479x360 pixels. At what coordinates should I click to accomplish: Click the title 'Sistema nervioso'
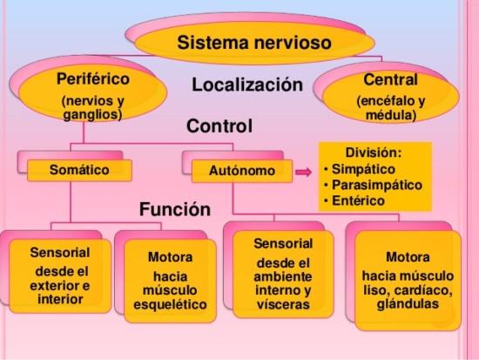254,42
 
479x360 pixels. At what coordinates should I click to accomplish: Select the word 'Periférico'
93,79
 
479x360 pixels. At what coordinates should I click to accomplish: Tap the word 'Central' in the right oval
390,80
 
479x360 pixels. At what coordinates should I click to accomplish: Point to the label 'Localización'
247,85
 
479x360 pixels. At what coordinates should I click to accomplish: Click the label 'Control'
219,126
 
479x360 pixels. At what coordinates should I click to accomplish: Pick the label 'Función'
175,209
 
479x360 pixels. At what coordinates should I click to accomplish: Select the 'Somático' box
79,170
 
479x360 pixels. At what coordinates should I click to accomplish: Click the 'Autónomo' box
242,171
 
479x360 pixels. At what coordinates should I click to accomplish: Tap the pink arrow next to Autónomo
304,172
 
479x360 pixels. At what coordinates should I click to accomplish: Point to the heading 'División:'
373,153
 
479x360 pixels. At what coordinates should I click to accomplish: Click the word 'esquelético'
170,304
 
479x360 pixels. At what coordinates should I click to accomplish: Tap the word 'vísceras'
284,304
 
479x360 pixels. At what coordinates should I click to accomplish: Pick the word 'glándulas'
408,303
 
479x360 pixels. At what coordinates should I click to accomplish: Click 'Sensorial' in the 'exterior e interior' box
60,253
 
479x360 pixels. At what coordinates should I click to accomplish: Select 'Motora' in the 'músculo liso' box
408,257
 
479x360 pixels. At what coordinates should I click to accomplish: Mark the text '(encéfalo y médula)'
391,108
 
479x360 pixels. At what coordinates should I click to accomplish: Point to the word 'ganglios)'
92,115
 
